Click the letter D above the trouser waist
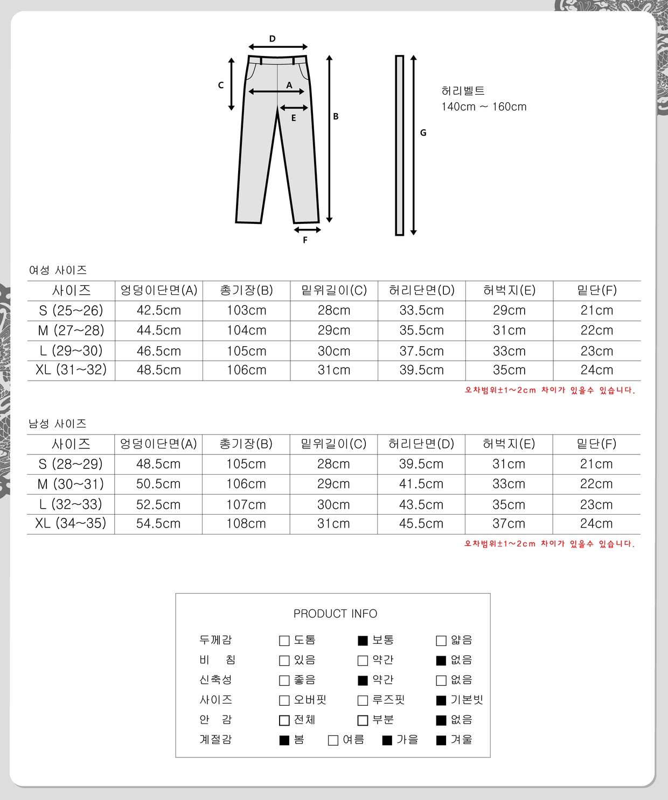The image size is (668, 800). coord(272,39)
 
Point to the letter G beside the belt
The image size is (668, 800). coord(423,132)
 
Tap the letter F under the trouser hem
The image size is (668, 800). coord(305,240)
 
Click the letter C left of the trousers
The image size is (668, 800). coord(221,85)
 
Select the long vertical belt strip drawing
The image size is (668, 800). coord(399,145)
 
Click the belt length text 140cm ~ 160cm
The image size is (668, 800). coord(484,107)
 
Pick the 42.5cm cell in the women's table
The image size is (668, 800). coord(159,311)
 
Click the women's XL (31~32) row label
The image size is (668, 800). coord(71,370)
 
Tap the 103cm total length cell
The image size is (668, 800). coord(246,311)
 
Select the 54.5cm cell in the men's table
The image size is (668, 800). coord(158,523)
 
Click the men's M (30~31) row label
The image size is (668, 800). coord(71,484)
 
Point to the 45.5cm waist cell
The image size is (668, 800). coord(421,523)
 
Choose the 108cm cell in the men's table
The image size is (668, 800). coord(246,523)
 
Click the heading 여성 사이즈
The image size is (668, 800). coord(58,270)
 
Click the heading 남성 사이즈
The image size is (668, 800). coord(58,424)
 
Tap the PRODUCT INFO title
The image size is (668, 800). coord(335,614)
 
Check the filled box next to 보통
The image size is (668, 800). coord(363,641)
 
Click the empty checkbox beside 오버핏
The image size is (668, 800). coord(284,700)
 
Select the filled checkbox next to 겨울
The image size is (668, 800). coord(441,740)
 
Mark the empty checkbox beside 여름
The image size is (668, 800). coord(333,740)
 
